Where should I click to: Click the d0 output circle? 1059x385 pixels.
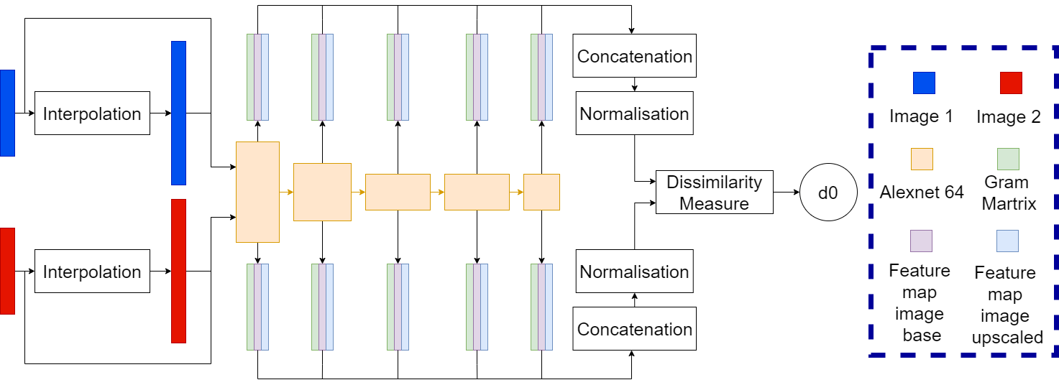(828, 192)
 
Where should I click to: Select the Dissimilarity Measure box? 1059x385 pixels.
(714, 192)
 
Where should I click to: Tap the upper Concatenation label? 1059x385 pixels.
(634, 56)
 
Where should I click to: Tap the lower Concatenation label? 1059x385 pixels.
(634, 329)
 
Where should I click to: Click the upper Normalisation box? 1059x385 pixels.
(634, 113)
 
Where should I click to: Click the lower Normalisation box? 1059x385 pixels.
(634, 272)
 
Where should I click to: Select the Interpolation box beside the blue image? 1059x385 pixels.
(92, 113)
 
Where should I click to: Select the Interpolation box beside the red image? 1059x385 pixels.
(92, 272)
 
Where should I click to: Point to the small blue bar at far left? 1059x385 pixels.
(7, 113)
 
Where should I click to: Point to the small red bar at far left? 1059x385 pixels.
(7, 271)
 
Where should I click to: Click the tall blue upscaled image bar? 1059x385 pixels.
(178, 113)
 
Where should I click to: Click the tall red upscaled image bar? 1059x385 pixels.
(178, 271)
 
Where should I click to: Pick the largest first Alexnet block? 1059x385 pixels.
(257, 192)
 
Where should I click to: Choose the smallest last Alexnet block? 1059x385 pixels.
(541, 192)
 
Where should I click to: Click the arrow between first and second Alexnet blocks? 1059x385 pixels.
(286, 192)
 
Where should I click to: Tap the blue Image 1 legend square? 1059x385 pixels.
(924, 83)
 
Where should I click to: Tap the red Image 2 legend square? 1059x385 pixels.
(1010, 83)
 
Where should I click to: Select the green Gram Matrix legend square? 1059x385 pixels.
(1007, 159)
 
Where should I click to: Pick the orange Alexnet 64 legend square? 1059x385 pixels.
(922, 159)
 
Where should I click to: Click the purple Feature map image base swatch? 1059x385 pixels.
(921, 241)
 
